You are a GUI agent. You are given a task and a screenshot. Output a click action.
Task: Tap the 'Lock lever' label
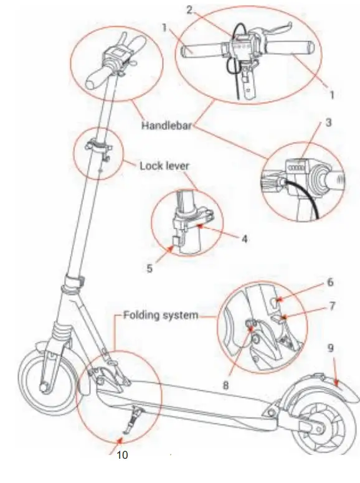point(163,166)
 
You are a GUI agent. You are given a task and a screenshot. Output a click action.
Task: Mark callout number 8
point(225,385)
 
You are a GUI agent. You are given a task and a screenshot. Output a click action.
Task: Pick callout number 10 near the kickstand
point(122,456)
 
